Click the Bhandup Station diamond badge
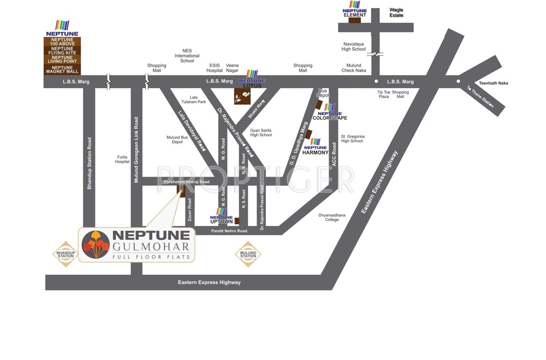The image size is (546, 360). (x=66, y=254)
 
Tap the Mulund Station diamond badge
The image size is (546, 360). (x=248, y=254)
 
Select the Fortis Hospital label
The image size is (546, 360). (x=122, y=159)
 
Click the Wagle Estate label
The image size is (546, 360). (x=396, y=13)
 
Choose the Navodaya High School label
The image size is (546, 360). (x=353, y=46)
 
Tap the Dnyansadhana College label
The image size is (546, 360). (x=332, y=217)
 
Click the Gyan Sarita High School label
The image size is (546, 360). (x=261, y=133)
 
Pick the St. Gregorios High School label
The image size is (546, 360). (x=352, y=138)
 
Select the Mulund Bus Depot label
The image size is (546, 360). (x=177, y=140)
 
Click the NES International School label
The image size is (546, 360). (x=187, y=56)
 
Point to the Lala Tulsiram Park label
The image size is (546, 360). (x=194, y=99)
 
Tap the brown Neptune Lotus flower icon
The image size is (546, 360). (x=243, y=97)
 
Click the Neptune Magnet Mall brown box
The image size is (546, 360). (x=62, y=69)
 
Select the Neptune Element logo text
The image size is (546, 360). (x=355, y=13)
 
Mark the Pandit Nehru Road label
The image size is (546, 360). (x=229, y=231)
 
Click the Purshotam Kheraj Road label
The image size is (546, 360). (x=187, y=181)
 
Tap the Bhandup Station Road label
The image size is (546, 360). (x=90, y=163)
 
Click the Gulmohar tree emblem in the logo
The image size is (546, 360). (x=96, y=244)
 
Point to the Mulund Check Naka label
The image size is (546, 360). (x=354, y=68)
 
